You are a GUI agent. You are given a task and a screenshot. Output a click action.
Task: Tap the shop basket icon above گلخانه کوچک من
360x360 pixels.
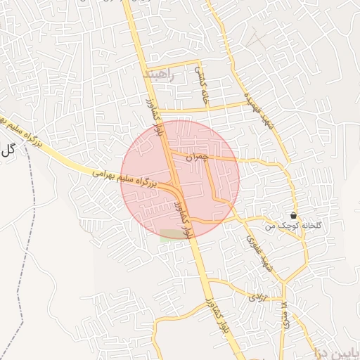[293, 215]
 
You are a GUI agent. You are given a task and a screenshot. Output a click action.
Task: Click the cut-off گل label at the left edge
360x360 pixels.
[8, 148]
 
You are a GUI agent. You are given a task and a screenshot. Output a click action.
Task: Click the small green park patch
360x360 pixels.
[170, 235]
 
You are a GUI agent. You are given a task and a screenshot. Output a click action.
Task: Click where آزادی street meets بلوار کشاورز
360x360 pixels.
[209, 282]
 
